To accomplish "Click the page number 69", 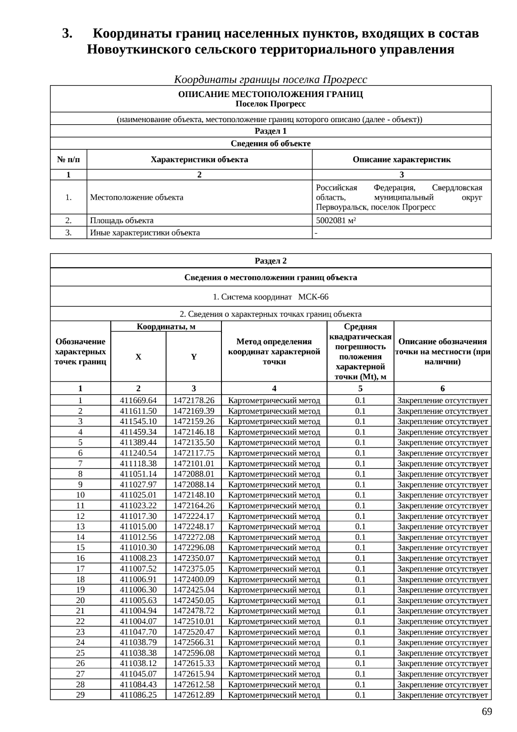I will (487, 712).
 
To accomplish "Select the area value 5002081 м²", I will (336, 220).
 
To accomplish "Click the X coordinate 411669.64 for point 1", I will (138, 400).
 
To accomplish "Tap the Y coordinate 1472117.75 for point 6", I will (194, 453).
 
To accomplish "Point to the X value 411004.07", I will (138, 621).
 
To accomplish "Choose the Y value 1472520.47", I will (194, 632).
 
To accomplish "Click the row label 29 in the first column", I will (80, 695).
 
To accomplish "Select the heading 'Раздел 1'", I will (271, 131).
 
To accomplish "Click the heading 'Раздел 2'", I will (271, 261).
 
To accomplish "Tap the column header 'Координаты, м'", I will (166, 327).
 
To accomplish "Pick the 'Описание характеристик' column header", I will (402, 160).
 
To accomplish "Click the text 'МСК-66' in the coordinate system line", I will (313, 297).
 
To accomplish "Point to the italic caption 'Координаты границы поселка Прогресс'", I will (271, 80).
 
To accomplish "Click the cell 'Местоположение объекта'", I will (137, 198).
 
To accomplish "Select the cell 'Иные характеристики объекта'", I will (145, 233).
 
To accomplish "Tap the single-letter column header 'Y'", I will (194, 357).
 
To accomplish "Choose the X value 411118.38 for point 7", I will (138, 464).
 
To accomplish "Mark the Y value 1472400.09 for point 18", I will (194, 579).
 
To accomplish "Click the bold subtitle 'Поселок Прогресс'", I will (271, 104).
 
